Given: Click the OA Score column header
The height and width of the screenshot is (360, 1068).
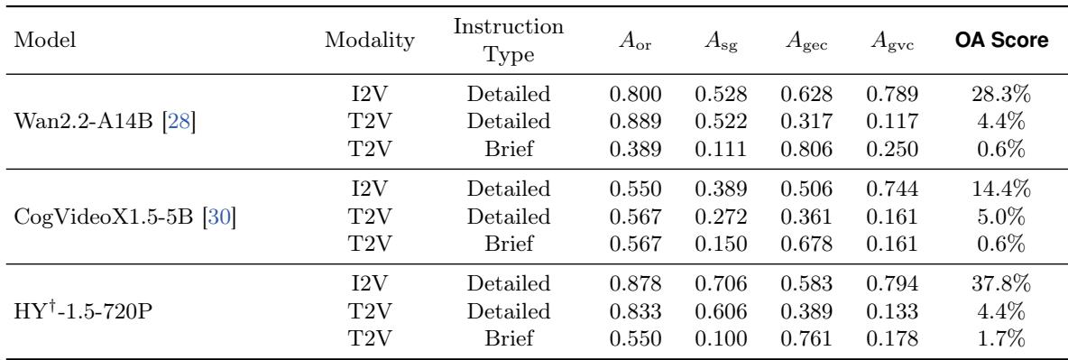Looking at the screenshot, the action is pyautogui.click(x=1001, y=41).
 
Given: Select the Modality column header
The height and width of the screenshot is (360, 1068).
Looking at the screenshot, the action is pyautogui.click(x=369, y=41).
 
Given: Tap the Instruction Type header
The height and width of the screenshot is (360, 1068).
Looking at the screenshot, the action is pyautogui.click(x=509, y=41).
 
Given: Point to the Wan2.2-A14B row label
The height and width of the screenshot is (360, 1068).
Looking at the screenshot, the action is pyautogui.click(x=105, y=122).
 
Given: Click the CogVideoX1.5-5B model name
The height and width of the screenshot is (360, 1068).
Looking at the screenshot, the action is pyautogui.click(x=124, y=217).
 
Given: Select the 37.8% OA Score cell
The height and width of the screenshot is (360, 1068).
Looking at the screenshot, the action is pyautogui.click(x=1001, y=283).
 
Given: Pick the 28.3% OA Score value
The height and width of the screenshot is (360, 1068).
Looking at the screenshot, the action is pyautogui.click(x=1001, y=94).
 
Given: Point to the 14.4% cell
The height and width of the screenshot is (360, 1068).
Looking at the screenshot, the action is pyautogui.click(x=1001, y=189).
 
